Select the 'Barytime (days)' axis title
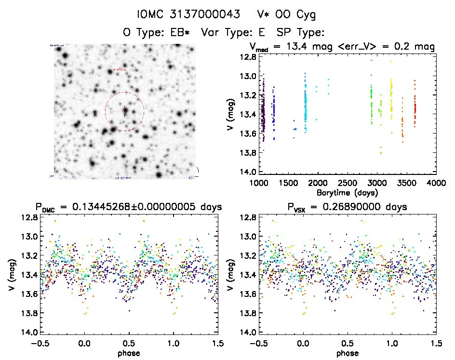[x=348, y=192]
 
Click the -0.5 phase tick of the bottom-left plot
[x=40, y=343]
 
